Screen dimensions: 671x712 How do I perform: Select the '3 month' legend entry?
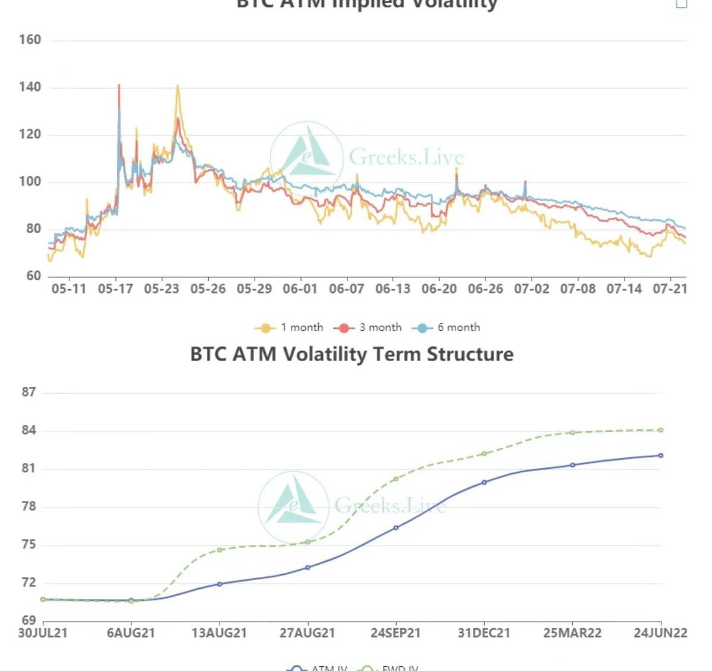click(368, 327)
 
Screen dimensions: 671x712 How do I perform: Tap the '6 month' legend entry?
click(447, 327)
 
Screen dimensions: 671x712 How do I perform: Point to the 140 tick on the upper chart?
click(30, 87)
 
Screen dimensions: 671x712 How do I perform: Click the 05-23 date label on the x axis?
click(161, 289)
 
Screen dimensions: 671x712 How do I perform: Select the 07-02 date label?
click(531, 289)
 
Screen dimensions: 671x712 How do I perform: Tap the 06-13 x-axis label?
click(393, 289)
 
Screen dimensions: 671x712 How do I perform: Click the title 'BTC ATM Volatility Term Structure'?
click(352, 354)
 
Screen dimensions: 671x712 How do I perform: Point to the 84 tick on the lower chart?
click(29, 430)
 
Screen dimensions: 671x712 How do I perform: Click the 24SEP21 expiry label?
click(396, 632)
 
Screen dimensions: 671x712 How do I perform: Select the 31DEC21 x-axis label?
click(484, 632)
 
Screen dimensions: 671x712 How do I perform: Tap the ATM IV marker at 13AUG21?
click(219, 584)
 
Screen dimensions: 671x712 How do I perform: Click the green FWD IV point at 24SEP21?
click(396, 479)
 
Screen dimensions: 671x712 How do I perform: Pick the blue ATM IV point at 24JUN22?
click(661, 456)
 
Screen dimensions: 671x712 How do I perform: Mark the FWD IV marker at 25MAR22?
click(572, 432)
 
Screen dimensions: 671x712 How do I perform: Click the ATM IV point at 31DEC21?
click(484, 482)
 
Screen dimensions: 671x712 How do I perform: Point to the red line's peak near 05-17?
click(119, 86)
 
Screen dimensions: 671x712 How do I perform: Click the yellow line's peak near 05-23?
click(177, 86)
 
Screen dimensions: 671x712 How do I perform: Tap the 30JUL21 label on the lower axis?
click(43, 632)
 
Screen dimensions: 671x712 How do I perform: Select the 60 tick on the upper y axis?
click(33, 276)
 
